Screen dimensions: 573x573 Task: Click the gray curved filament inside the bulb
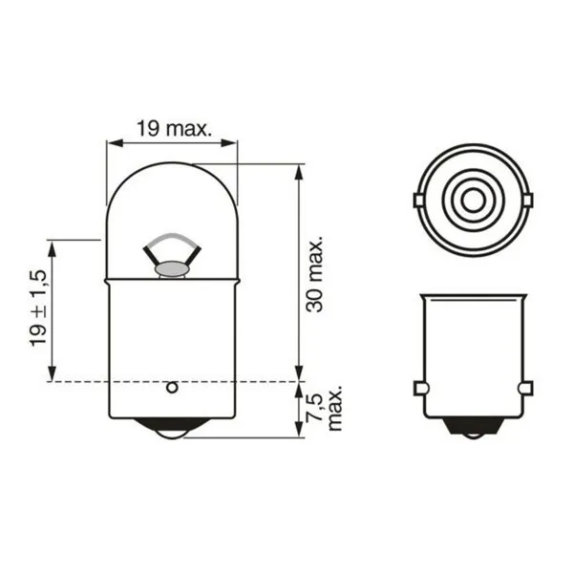(x=172, y=238)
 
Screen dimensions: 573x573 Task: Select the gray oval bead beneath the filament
(x=172, y=270)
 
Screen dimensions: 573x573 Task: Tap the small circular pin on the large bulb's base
(x=172, y=387)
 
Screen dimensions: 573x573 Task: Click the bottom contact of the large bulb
(x=172, y=431)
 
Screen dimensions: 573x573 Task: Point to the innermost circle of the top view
(x=472, y=201)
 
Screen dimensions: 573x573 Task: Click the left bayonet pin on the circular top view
(x=417, y=200)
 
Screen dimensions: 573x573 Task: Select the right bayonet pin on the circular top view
(x=526, y=200)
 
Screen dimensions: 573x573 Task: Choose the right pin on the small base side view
(x=524, y=388)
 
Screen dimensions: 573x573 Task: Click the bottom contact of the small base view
(x=472, y=431)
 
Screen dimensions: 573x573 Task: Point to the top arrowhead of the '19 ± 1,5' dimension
(x=51, y=245)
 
